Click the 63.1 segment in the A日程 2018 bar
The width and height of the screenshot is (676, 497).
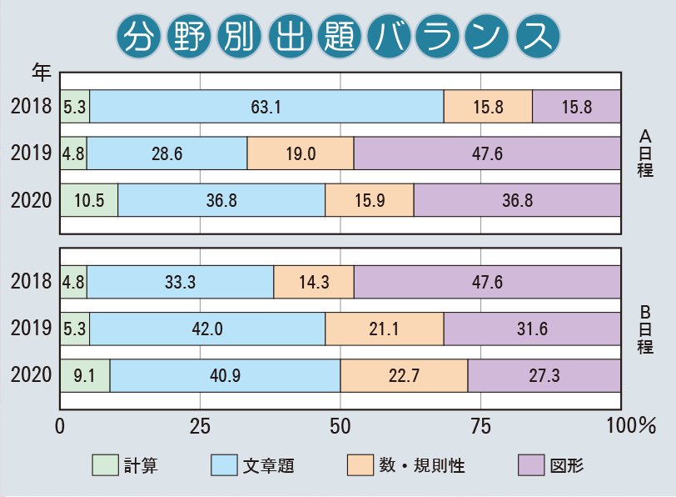266,106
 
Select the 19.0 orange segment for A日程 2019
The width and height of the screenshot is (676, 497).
301,153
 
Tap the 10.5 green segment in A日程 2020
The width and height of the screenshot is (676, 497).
89,200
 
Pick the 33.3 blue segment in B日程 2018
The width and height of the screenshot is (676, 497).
181,282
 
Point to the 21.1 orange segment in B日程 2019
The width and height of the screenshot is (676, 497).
384,329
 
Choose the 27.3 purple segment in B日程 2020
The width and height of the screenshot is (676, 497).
544,376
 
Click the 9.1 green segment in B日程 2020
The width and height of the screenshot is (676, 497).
85,376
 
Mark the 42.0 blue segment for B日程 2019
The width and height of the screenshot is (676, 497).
207,329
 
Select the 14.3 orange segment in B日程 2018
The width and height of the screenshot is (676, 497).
314,282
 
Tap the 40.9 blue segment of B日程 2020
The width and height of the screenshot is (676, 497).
225,376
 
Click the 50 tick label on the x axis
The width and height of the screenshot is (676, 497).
340,426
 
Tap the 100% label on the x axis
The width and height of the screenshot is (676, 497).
632,426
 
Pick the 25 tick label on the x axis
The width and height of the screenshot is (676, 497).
200,426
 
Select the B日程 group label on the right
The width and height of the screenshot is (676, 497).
645,329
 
